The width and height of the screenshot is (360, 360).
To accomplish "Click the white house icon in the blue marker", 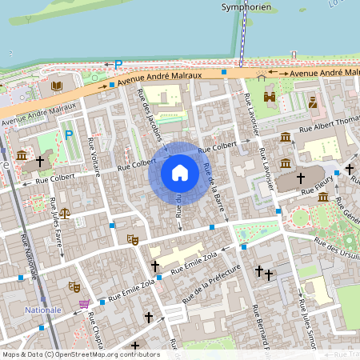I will click(x=179, y=172).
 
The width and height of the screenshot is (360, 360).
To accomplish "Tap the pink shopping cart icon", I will click(x=84, y=304).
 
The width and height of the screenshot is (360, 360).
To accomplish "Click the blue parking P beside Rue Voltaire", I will click(x=68, y=134).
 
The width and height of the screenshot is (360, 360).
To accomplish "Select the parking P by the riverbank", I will click(x=118, y=64).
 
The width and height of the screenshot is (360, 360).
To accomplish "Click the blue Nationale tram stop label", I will click(x=42, y=310).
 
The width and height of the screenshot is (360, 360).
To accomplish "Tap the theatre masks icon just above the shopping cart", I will click(x=74, y=286).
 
